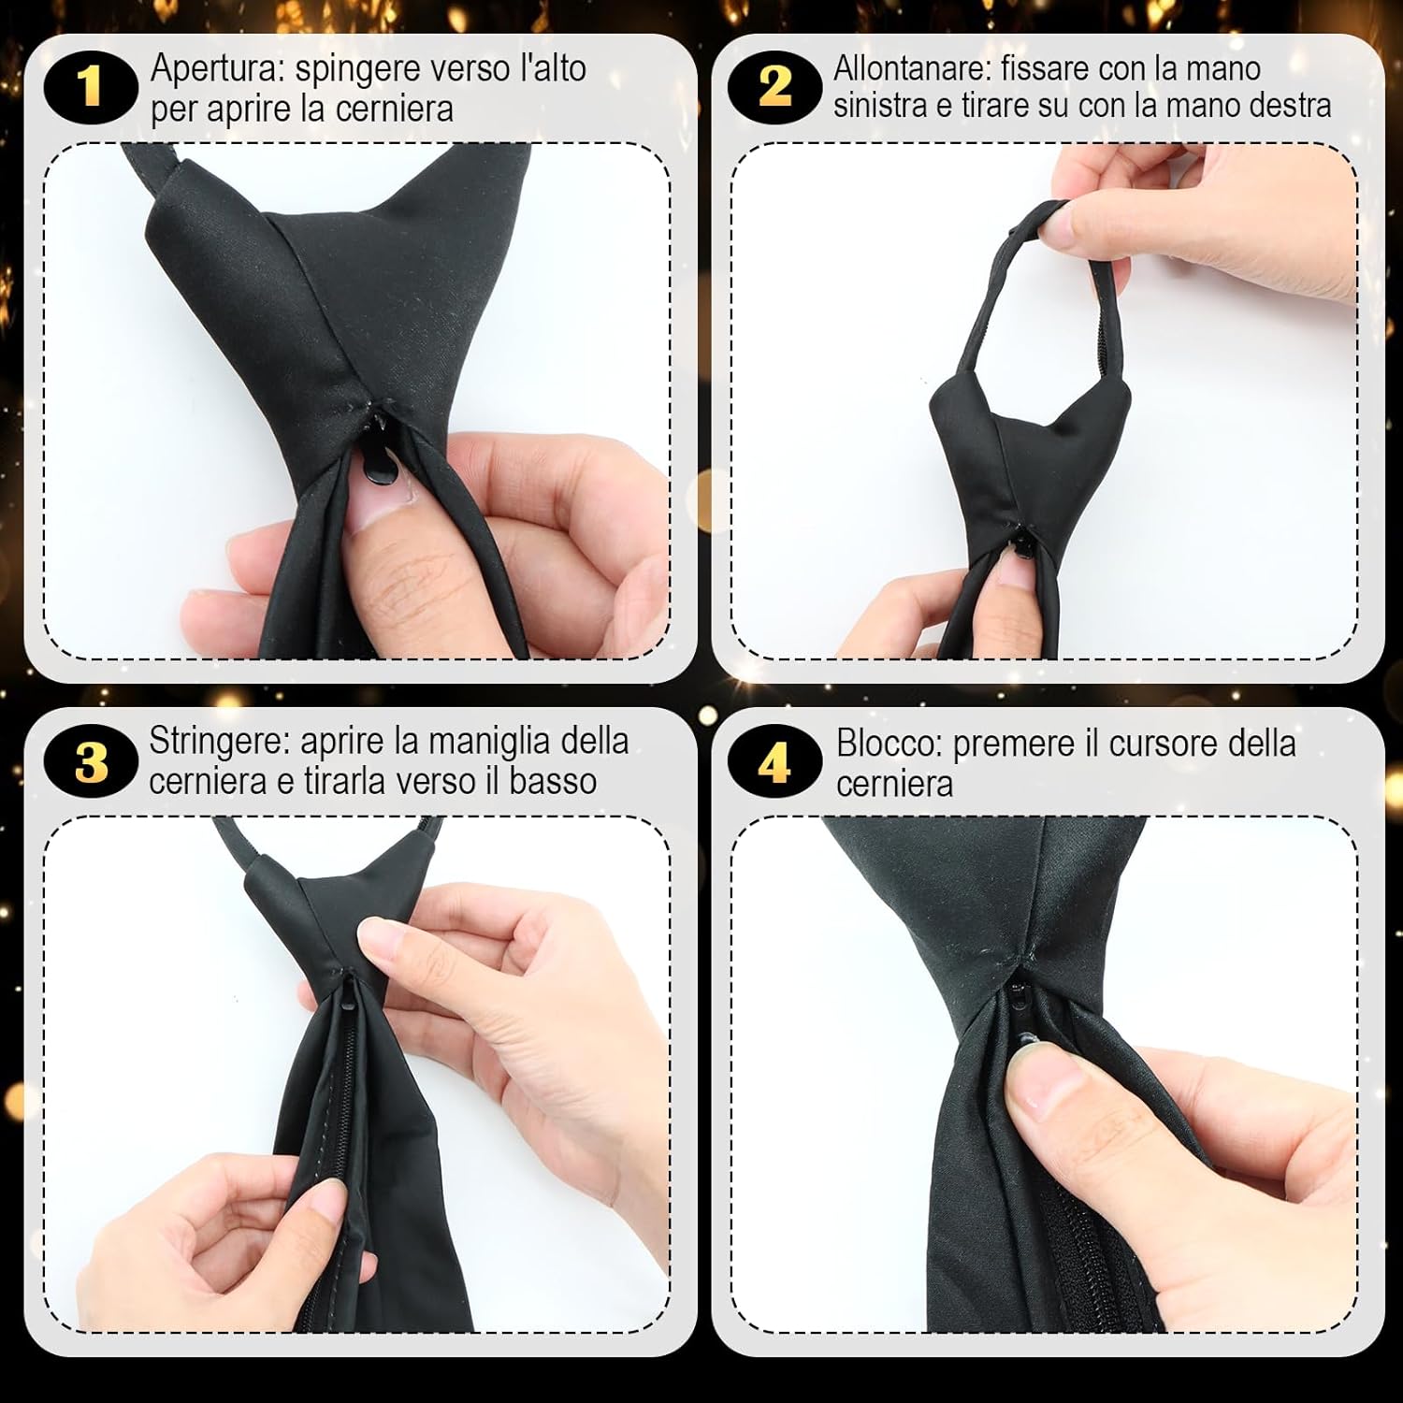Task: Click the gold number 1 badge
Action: tap(90, 88)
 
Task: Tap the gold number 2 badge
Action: tap(775, 88)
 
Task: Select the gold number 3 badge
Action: tap(91, 762)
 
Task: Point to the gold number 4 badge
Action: tap(775, 762)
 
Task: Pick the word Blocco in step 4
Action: tap(890, 745)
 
